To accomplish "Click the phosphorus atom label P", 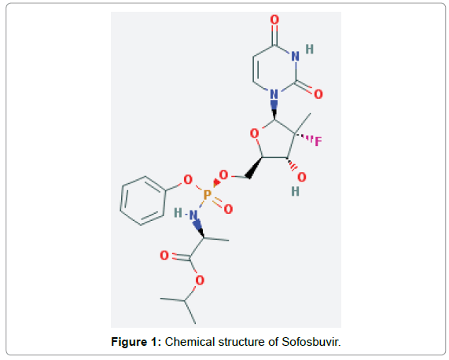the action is [x=208, y=195].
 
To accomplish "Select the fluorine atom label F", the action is [x=318, y=141].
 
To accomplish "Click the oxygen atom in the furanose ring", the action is [x=254, y=134].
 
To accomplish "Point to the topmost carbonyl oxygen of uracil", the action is [x=274, y=20].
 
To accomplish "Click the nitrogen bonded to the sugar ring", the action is [x=274, y=94].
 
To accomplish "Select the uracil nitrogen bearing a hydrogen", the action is [x=295, y=57].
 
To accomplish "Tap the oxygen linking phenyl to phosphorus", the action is [x=188, y=180].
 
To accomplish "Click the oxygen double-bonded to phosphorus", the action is [x=228, y=209].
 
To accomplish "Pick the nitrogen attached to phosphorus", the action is [x=193, y=215].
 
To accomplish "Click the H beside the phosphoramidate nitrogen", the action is [x=178, y=213].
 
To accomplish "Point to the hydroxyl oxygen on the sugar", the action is [x=301, y=178].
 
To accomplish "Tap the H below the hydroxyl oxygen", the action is [x=295, y=192].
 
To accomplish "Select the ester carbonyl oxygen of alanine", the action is [x=164, y=255].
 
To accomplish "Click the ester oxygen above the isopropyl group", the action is [x=200, y=280].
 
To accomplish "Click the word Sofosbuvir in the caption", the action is [x=311, y=342].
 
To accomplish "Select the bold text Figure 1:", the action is [x=136, y=342].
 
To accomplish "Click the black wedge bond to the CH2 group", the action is [x=254, y=168].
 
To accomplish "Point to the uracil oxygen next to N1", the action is [x=318, y=94].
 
